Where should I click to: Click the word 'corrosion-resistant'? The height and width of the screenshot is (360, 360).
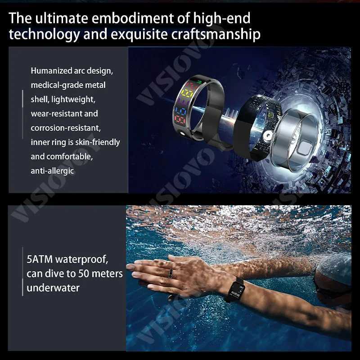tap(66, 128)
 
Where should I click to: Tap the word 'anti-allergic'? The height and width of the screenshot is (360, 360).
tap(52, 171)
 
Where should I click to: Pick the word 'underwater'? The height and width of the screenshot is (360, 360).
tap(53, 288)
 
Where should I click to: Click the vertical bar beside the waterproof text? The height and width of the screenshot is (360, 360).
tap(22, 272)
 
